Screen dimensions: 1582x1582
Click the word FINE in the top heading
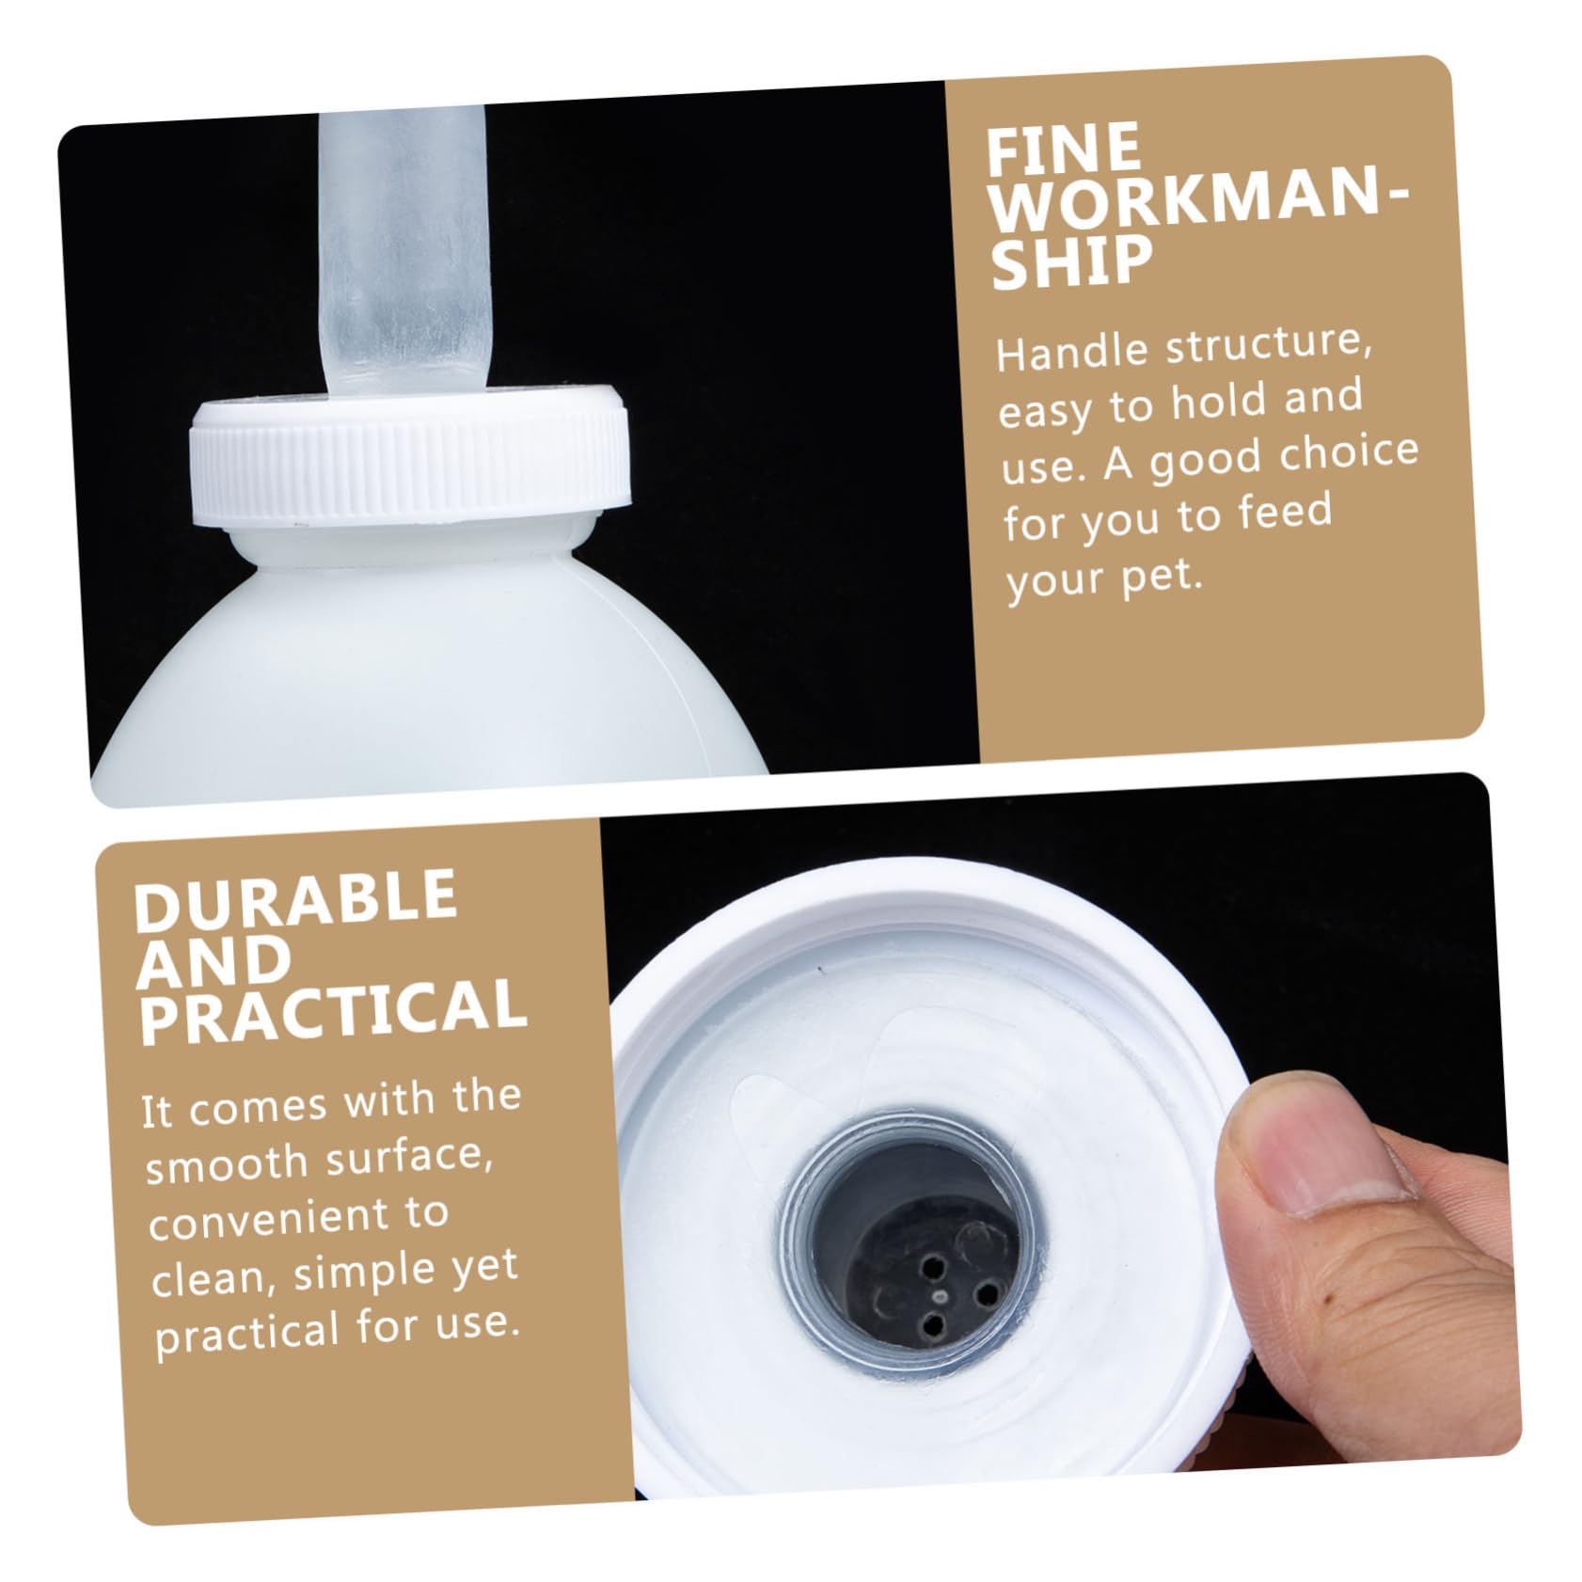point(1063,150)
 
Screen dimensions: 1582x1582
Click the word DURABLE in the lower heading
point(295,898)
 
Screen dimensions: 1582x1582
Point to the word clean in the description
point(211,1278)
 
